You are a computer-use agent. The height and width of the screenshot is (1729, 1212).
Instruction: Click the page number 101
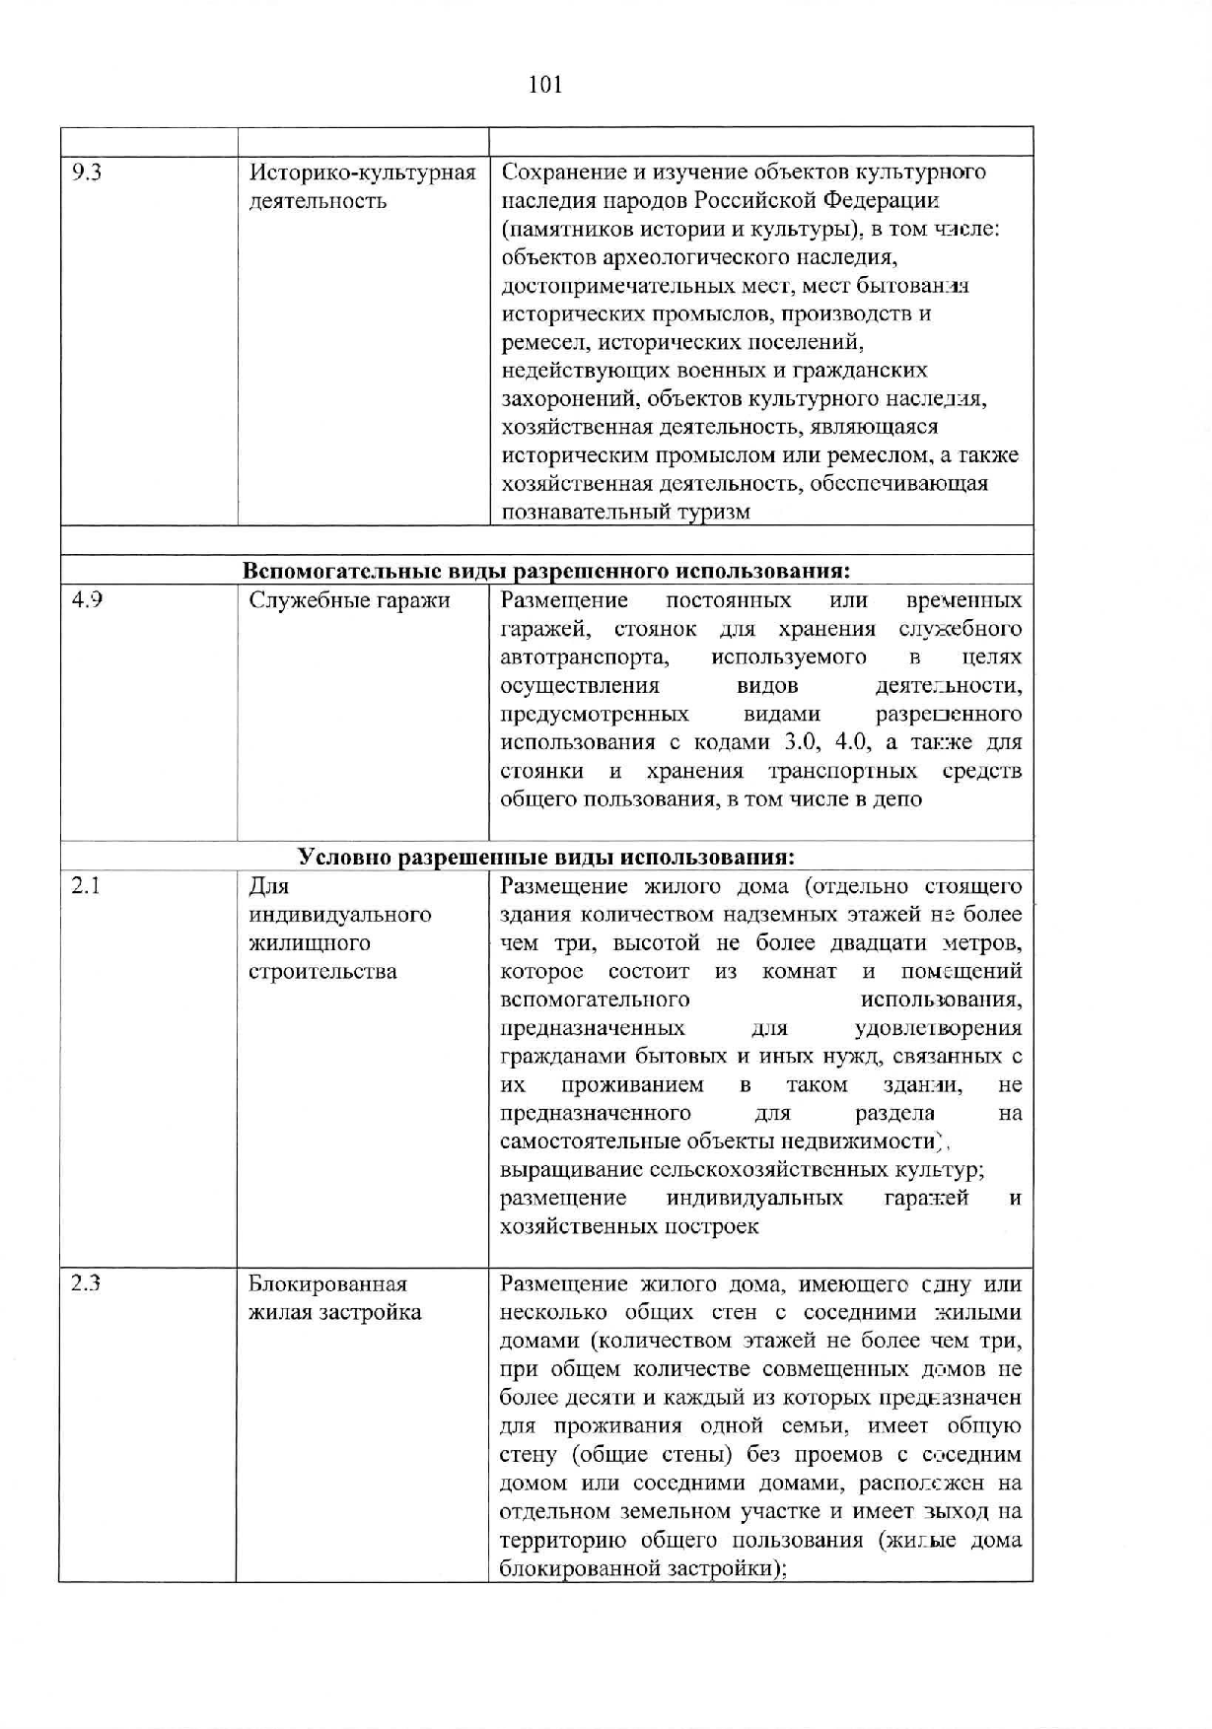coord(545,85)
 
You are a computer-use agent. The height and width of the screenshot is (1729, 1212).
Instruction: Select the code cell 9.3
coord(87,173)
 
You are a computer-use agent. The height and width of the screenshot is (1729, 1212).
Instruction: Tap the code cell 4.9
coord(87,600)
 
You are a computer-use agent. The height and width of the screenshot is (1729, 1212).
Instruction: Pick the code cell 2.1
coord(86,886)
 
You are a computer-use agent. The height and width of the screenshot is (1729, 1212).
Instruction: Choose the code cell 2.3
coord(87,1284)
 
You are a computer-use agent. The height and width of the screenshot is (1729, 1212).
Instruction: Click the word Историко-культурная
coord(362,173)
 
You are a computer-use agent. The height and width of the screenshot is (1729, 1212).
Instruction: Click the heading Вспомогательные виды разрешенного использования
coord(546,571)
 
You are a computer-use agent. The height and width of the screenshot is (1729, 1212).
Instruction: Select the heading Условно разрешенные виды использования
coord(546,857)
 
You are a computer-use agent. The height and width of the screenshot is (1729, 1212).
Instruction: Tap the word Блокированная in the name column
coord(327,1284)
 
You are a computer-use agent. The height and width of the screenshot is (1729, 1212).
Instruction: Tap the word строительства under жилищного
coord(322,972)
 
